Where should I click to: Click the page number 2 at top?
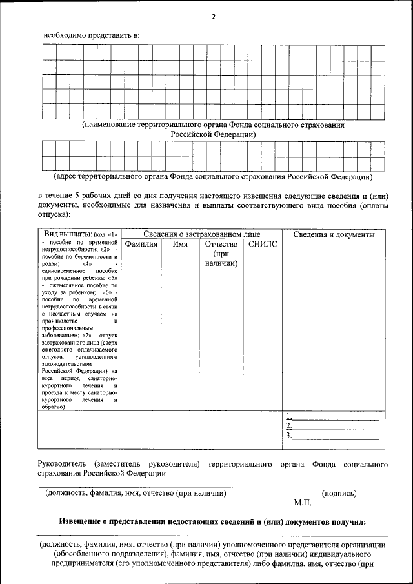click(213, 17)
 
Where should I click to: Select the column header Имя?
click(180, 245)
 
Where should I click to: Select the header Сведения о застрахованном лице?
click(202, 234)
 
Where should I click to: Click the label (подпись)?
click(339, 494)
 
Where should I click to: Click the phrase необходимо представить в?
click(91, 35)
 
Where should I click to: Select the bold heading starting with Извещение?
click(212, 521)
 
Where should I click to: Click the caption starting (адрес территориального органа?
click(212, 176)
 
